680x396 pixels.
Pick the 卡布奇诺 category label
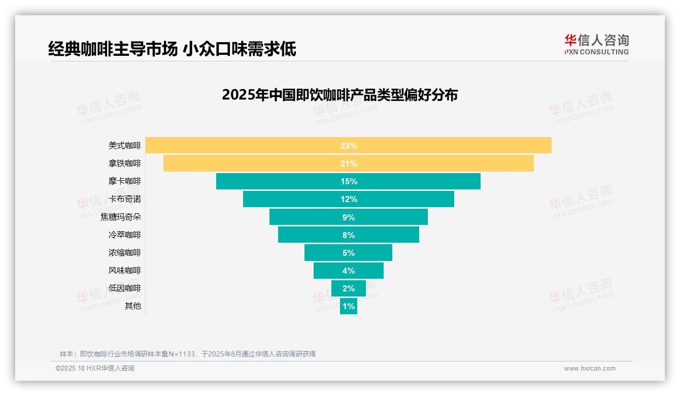point(125,199)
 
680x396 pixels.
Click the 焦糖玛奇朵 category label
point(121,217)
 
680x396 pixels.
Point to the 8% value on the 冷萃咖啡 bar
point(349,235)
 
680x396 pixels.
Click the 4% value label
point(349,271)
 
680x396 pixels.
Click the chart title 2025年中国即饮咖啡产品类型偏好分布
point(339,95)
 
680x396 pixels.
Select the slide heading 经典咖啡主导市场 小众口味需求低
point(172,49)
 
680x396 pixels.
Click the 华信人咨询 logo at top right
point(596,44)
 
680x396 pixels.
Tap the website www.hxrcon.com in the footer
point(590,369)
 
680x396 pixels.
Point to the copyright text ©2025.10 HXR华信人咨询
point(95,369)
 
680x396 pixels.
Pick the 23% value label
point(349,146)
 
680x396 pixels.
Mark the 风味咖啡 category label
point(125,271)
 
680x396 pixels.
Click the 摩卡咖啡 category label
point(125,181)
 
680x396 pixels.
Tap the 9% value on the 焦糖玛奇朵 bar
point(349,217)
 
